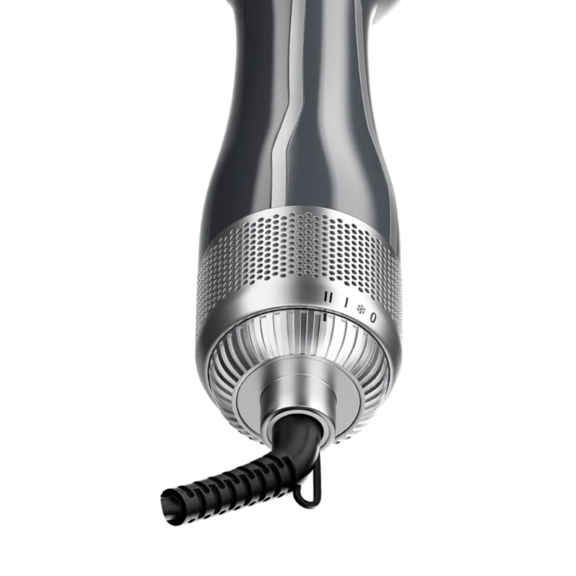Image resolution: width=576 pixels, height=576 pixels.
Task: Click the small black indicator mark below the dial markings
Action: click(x=326, y=315)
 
